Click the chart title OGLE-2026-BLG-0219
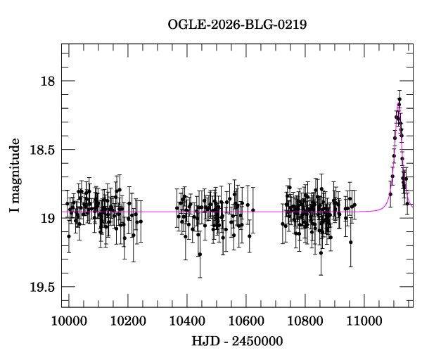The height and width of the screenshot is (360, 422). (x=237, y=25)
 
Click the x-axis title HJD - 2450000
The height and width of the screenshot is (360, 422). (x=237, y=341)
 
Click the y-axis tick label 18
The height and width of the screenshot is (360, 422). (x=48, y=81)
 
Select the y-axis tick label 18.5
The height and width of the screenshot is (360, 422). (x=42, y=150)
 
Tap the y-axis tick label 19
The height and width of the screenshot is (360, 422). (x=48, y=218)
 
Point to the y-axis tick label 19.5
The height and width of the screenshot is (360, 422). (x=42, y=287)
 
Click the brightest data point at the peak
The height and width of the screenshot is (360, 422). (x=399, y=100)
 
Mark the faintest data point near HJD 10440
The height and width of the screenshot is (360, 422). (x=200, y=254)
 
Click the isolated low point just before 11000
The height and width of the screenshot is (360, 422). (x=350, y=242)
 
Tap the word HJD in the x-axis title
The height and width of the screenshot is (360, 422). (x=205, y=341)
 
